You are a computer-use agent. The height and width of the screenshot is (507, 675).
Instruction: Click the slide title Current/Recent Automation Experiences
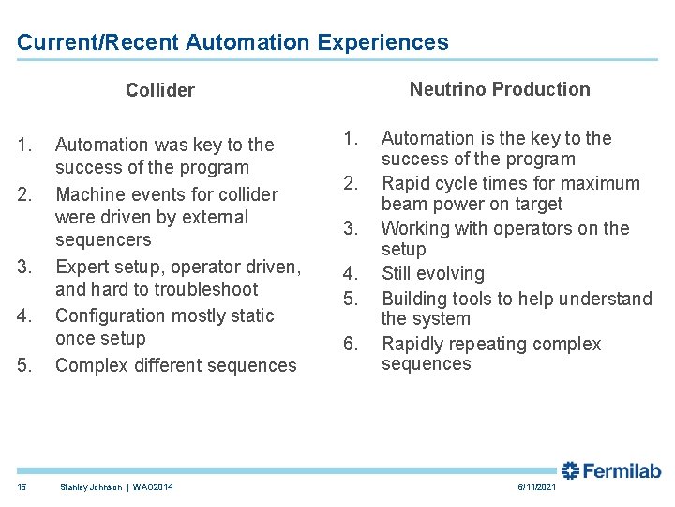232,42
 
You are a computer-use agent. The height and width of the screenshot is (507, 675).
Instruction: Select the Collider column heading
160,90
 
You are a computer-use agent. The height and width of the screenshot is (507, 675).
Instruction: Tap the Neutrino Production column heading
500,89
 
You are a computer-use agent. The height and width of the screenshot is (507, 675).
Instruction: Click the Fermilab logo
611,471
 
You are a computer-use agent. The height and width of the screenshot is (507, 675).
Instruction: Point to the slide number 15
22,486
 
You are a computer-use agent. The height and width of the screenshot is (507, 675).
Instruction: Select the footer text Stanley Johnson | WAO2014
115,486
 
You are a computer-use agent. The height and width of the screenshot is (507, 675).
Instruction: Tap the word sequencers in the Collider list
103,239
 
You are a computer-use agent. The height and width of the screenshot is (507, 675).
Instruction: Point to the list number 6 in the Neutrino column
350,344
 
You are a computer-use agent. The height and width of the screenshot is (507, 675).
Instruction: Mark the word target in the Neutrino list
536,204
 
